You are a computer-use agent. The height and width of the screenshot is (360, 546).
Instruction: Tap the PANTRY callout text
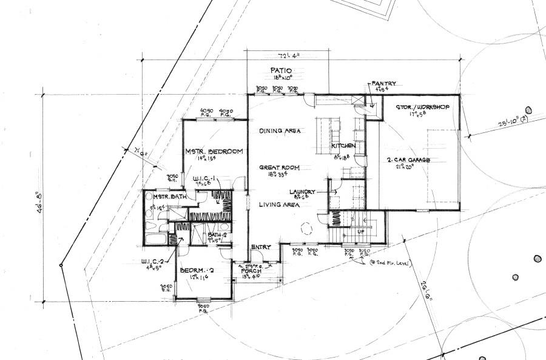click(383, 83)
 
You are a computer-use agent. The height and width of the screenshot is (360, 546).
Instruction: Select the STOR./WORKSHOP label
click(422, 107)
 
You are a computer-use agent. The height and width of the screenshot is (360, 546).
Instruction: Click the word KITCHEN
click(343, 146)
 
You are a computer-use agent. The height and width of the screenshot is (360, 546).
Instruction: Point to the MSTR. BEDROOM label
click(214, 151)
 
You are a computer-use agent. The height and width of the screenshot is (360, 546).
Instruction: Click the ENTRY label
click(261, 246)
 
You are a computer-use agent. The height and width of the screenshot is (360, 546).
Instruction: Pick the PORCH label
click(251, 271)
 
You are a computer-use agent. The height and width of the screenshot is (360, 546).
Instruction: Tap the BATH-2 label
click(218, 235)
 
